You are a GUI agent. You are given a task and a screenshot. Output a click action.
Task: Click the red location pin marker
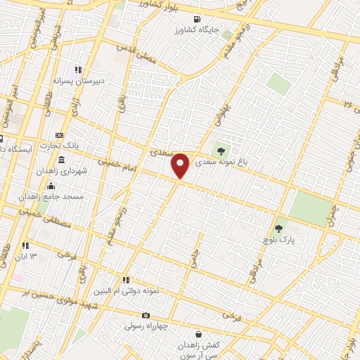pos(181,165)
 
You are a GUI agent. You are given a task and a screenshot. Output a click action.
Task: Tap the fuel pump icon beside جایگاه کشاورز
pos(195,19)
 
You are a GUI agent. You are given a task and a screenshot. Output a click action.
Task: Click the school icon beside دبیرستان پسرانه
pos(78,70)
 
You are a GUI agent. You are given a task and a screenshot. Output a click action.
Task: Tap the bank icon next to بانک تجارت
pos(60,135)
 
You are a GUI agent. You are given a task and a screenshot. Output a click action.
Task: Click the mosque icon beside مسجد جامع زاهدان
pos(50,186)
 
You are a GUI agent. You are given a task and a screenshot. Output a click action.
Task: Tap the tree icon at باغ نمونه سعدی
pos(221,150)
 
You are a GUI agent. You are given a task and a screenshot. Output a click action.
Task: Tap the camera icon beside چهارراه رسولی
pos(146,315)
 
